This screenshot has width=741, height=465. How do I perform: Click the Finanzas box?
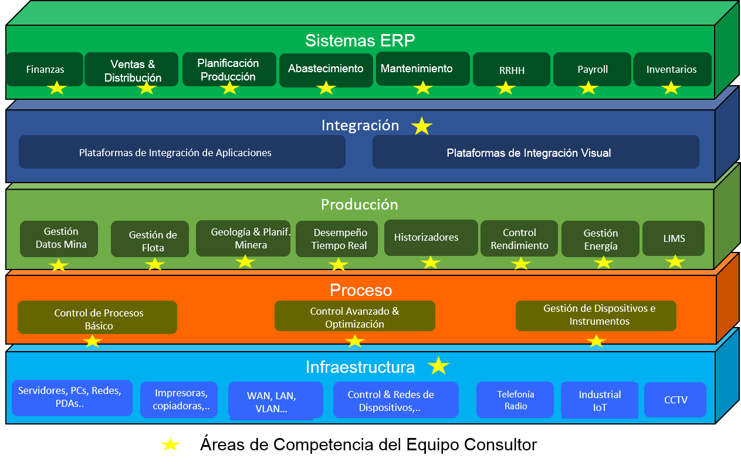click(45, 69)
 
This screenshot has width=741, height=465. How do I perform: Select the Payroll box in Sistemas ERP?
click(592, 69)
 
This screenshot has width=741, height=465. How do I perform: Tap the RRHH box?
click(512, 69)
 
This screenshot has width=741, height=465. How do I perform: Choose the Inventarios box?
click(672, 69)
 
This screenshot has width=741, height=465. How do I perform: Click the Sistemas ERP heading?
click(360, 41)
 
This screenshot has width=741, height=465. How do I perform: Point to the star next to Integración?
click(421, 126)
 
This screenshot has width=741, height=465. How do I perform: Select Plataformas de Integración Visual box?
click(536, 152)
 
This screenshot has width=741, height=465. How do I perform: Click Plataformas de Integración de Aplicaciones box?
click(182, 152)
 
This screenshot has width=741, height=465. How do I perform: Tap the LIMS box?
click(674, 238)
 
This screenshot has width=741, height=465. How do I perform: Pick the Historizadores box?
click(431, 238)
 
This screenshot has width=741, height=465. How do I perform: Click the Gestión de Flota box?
click(150, 239)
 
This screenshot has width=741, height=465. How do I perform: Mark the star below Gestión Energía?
click(603, 263)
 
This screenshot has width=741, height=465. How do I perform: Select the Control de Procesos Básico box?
click(97, 318)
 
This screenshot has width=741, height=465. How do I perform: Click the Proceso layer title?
click(361, 290)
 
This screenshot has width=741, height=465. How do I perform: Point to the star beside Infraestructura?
click(438, 366)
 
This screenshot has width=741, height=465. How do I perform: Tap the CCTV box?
click(675, 400)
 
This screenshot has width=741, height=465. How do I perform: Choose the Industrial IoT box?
click(600, 400)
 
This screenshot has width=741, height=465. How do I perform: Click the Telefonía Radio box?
click(515, 400)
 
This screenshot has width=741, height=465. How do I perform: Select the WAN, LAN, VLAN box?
click(276, 401)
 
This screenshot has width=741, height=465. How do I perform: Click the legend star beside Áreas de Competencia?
click(170, 444)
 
